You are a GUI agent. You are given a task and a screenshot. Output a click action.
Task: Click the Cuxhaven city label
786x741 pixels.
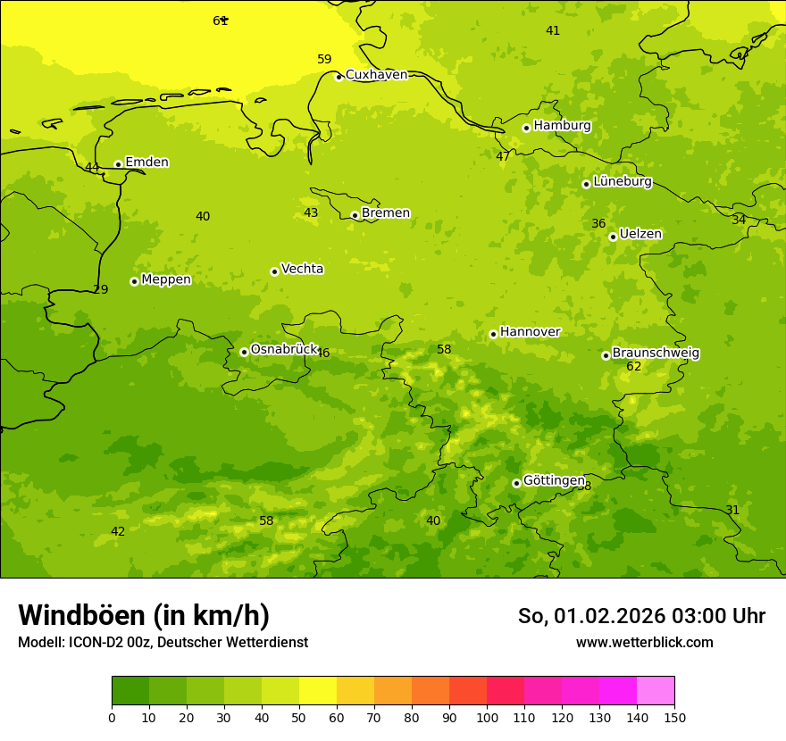376,75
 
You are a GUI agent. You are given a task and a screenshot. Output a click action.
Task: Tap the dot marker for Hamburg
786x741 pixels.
526,128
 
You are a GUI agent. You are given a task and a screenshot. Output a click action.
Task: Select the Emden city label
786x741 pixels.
146,162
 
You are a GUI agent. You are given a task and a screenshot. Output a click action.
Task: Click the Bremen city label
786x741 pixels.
386,213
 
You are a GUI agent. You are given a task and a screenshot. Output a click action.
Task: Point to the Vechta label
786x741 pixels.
302,269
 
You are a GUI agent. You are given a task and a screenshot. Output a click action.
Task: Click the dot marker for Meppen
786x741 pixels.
134,281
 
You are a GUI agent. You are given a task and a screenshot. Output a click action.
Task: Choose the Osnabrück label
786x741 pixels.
284,350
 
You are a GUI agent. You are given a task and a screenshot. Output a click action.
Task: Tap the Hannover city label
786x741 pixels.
530,332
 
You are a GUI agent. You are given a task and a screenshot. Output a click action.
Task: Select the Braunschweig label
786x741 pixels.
656,354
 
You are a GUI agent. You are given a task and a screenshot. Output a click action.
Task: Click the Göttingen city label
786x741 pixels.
554,480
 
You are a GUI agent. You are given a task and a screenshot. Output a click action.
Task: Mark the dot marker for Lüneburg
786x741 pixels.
586,184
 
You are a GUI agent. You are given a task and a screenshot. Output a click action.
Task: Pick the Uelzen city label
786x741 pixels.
640,235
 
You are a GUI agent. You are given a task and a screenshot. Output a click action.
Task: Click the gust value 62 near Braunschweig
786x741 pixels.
634,367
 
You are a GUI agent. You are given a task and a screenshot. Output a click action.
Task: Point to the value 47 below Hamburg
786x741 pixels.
503,156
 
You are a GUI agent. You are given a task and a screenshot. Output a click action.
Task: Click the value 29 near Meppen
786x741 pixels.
101,290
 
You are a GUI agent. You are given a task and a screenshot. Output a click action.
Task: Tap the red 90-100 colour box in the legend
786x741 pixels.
468,691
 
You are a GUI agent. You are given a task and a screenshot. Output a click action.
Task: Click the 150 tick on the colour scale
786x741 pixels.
673,717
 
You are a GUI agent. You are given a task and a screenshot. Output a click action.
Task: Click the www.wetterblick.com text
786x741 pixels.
644,643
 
